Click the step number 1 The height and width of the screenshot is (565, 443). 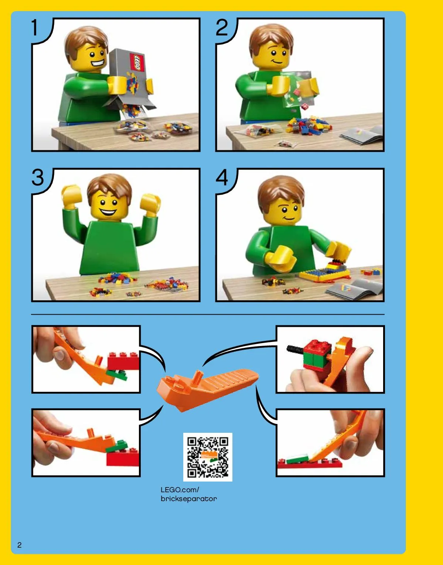pos(35,28)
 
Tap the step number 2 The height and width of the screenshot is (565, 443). pos(222,28)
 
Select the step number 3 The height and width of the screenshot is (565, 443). pos(38,178)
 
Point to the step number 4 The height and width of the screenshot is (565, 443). pos(222,178)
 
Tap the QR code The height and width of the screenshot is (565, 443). pos(208,457)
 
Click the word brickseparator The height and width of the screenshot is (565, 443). pos(189,499)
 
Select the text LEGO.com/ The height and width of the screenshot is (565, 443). pos(180,490)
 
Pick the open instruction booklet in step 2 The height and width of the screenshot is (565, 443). pos(362,135)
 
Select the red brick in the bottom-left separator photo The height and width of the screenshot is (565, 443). pos(122,457)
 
